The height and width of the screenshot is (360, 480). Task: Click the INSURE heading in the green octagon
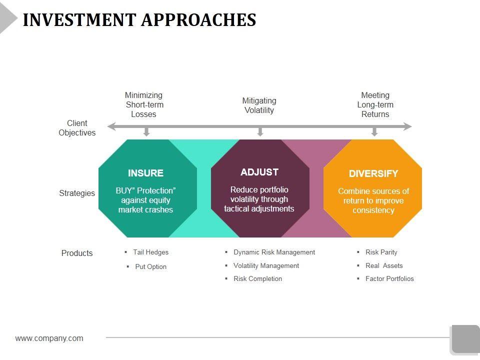(x=145, y=173)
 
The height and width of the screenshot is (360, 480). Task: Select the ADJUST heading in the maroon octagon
(x=259, y=172)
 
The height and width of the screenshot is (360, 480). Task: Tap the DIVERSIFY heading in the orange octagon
(x=373, y=174)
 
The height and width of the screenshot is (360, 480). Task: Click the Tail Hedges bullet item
(x=150, y=252)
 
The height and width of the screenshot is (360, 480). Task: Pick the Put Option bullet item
(x=150, y=267)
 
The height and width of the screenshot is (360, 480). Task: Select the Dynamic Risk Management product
(x=274, y=252)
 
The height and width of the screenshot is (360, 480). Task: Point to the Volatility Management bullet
(x=266, y=266)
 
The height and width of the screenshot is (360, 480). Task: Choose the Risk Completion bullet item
(x=257, y=279)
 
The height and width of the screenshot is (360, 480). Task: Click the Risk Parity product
(x=381, y=252)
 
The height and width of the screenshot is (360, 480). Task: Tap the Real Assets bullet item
(x=383, y=266)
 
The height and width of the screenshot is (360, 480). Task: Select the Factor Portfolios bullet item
(x=389, y=279)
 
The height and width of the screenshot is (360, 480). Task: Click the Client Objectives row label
(x=77, y=128)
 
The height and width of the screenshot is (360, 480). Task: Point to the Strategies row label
(x=77, y=193)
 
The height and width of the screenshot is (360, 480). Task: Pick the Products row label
(x=77, y=253)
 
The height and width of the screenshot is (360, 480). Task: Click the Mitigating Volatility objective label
(x=259, y=105)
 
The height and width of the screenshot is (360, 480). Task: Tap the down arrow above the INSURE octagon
(x=146, y=131)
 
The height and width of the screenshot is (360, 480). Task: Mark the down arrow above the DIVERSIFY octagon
(x=374, y=131)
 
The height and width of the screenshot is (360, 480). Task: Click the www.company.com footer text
(x=49, y=338)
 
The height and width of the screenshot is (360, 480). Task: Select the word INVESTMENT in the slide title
(x=79, y=20)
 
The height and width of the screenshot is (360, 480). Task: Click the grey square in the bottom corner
(x=465, y=339)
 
